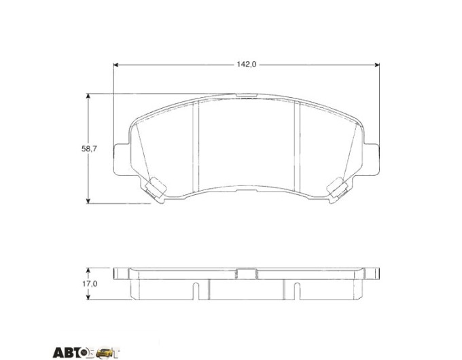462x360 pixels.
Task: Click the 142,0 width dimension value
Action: pyautogui.click(x=247, y=65)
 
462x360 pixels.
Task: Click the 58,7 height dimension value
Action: pyautogui.click(x=89, y=149)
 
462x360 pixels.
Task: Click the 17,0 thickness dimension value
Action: pyautogui.click(x=90, y=284)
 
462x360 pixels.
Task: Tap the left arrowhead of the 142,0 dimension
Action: pyautogui.click(x=115, y=65)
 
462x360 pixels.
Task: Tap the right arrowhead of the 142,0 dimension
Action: pyautogui.click(x=377, y=65)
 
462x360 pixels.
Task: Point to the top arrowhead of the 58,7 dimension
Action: pyautogui.click(x=88, y=96)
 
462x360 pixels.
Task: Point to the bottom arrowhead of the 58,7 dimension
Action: pyautogui.click(x=88, y=200)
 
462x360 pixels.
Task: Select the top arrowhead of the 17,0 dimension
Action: pyautogui.click(x=88, y=270)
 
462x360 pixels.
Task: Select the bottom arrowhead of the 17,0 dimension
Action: pyautogui.click(x=88, y=298)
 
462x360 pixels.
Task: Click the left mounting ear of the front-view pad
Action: pyautogui.click(x=121, y=160)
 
